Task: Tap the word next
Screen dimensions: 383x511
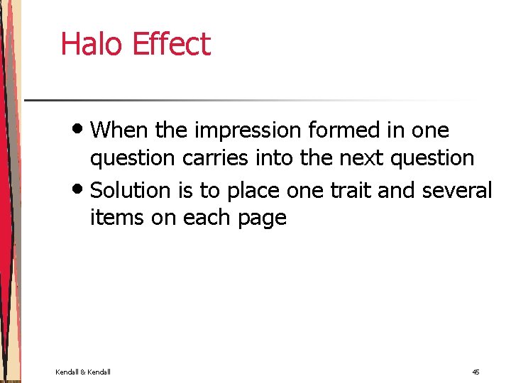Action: tap(359, 157)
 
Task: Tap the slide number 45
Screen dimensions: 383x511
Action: tap(476, 372)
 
